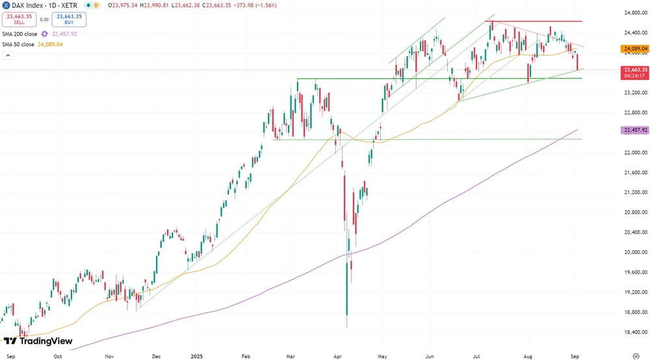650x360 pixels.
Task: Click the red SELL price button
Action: tap(19, 19)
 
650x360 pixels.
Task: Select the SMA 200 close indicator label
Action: tap(19, 34)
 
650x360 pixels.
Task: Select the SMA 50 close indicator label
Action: tap(18, 44)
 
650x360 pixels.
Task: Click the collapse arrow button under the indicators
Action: tap(8, 56)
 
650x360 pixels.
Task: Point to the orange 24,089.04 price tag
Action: tap(635, 49)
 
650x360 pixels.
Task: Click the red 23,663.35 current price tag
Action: tap(635, 70)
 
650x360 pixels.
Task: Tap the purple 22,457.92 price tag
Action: tap(635, 130)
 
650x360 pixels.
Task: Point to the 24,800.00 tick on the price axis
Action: tap(634, 12)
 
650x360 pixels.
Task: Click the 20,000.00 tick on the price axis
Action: tap(634, 252)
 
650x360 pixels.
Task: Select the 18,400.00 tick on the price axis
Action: tap(634, 332)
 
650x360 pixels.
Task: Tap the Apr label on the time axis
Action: tap(337, 356)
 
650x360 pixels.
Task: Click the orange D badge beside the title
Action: tap(96, 5)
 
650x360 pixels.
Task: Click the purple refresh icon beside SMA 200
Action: tap(44, 34)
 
